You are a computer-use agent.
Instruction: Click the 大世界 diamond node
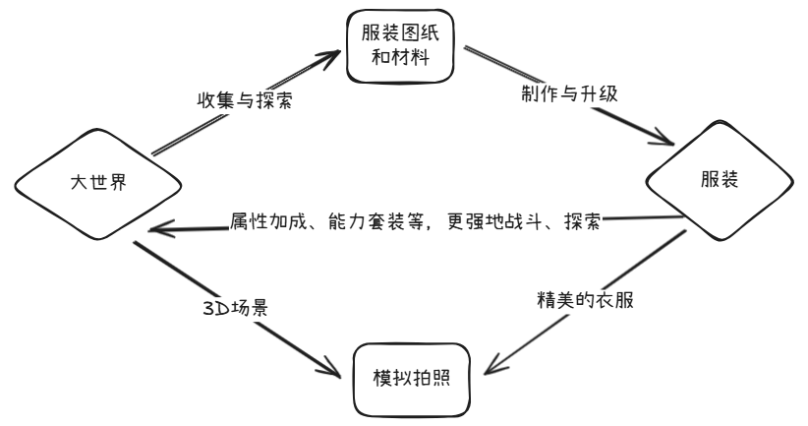click(x=97, y=183)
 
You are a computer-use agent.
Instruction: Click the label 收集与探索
click(x=243, y=100)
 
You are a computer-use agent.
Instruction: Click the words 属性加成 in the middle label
click(x=260, y=218)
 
